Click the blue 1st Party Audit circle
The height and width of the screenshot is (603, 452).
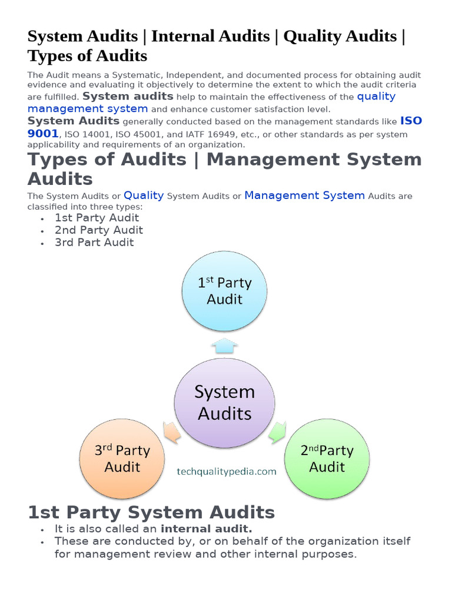point(224,291)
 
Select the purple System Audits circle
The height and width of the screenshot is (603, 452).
point(224,402)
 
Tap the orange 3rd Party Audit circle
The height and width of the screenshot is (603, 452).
point(122,459)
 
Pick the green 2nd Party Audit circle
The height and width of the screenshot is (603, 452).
point(327,459)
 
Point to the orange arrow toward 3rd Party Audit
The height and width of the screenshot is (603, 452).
point(171,433)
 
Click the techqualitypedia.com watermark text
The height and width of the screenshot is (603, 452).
point(227,472)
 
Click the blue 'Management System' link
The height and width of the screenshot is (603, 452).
point(304,195)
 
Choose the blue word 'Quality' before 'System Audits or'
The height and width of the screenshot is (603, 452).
point(144,195)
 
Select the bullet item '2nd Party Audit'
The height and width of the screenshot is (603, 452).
point(99,230)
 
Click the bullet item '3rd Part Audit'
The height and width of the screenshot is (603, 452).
point(94,243)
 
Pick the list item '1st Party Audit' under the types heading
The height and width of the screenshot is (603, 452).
point(97,218)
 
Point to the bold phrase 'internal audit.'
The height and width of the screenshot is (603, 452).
point(206,529)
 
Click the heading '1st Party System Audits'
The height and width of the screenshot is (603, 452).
point(151,512)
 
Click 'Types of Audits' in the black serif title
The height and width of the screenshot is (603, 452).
point(87,56)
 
